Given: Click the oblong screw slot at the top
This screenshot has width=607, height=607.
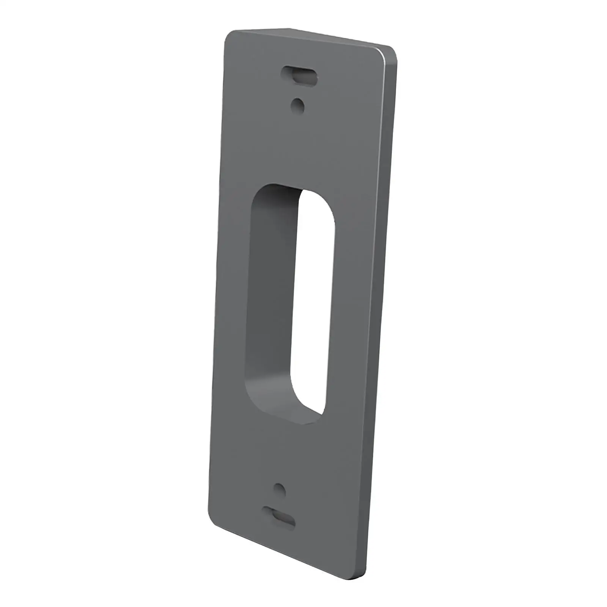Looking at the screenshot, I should click(x=299, y=76).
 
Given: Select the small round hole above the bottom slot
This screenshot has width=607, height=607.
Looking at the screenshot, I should click(x=279, y=489).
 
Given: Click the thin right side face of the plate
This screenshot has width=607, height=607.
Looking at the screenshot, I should click(x=383, y=303).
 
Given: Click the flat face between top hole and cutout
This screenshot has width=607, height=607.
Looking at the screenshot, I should click(x=300, y=148).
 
